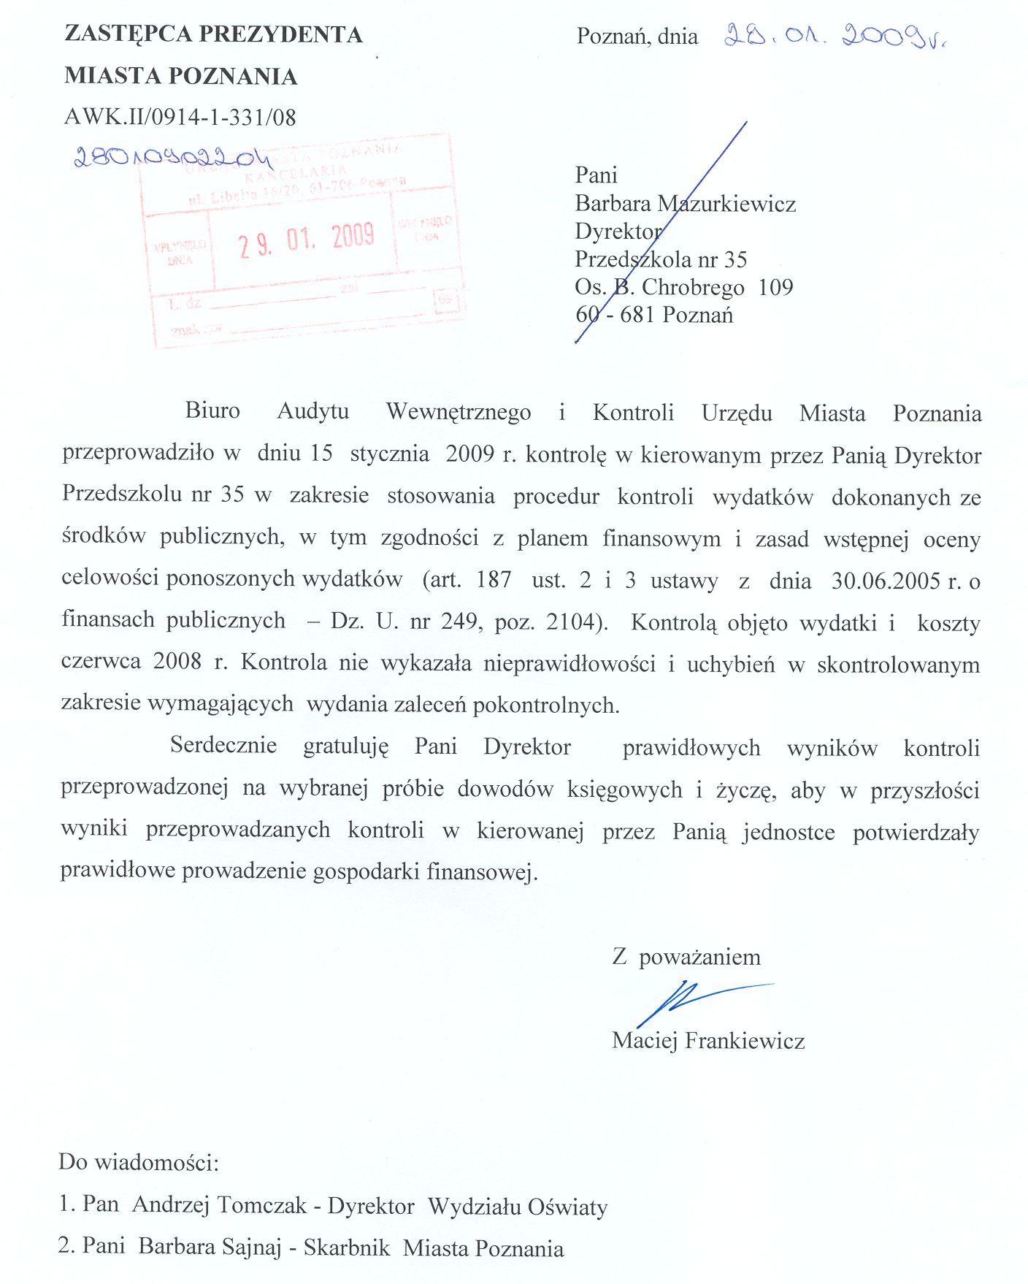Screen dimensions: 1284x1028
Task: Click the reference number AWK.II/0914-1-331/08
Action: coord(180,118)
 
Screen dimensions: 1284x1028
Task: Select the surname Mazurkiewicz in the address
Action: coord(726,204)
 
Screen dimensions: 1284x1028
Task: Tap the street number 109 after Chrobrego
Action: coord(775,287)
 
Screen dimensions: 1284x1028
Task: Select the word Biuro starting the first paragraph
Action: coord(212,410)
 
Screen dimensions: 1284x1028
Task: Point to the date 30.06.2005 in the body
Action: coord(886,581)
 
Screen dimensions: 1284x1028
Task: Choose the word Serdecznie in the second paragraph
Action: coord(223,746)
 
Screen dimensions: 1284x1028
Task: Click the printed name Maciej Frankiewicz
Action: coord(708,1041)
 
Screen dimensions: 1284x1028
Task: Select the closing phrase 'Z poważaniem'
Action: coord(686,957)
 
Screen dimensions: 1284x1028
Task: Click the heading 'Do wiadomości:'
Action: coord(139,1162)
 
